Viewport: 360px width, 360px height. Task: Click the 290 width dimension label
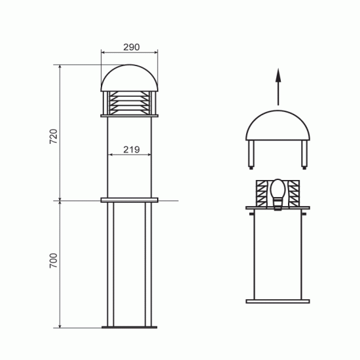coord(132,47)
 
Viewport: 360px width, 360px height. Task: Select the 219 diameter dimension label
coord(132,150)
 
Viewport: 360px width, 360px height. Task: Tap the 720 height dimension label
coord(54,136)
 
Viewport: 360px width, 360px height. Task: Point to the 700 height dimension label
coord(54,261)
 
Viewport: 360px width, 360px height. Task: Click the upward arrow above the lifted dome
coord(278,87)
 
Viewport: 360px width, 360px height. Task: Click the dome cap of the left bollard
coord(130,78)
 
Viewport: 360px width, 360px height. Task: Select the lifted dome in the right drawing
coord(278,126)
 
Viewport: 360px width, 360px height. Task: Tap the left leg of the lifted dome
coord(251,154)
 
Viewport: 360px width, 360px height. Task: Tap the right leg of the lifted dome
coord(304,154)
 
